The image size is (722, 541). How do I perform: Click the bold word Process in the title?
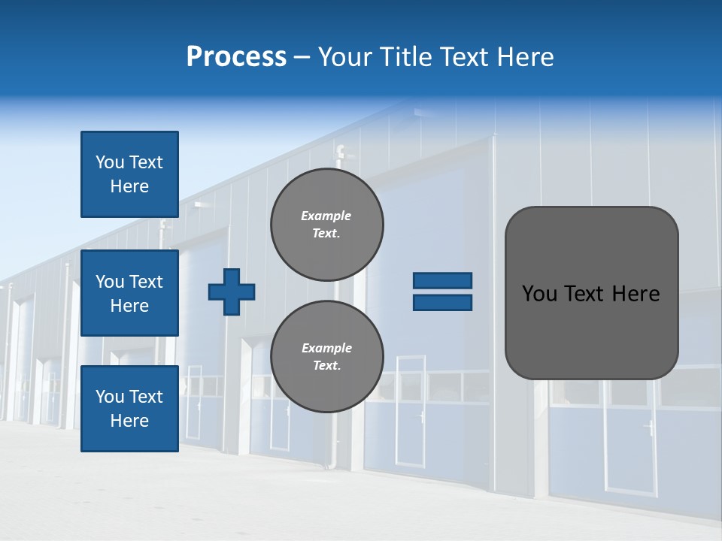tap(236, 57)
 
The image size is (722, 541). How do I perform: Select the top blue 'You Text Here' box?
tap(129, 174)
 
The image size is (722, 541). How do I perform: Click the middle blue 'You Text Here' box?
tap(129, 293)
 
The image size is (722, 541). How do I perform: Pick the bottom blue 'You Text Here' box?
tap(129, 409)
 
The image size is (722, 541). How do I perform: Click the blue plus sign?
tap(232, 292)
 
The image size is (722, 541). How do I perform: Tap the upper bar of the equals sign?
tap(442, 280)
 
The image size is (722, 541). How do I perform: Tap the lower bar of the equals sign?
tap(442, 303)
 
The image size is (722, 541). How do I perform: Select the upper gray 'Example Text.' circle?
tap(327, 225)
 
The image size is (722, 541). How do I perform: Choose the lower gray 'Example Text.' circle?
tap(327, 356)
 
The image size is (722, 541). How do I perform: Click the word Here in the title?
tap(526, 57)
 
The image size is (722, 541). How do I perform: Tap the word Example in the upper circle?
tap(326, 216)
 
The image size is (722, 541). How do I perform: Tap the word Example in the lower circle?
tap(326, 348)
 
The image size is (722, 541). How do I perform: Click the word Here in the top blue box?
tap(129, 186)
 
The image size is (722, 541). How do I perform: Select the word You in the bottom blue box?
tap(110, 397)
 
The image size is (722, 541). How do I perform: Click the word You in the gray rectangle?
tap(539, 294)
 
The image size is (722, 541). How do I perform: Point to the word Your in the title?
tap(346, 57)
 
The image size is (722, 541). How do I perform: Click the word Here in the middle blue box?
tap(129, 306)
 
